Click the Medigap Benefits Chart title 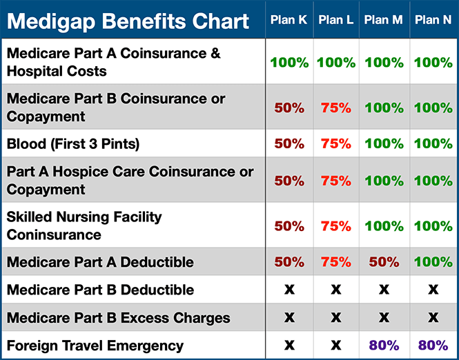[128, 21]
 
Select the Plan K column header [289, 20]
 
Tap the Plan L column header [336, 20]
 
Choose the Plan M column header [383, 20]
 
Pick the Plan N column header [433, 20]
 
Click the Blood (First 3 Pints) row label [73, 144]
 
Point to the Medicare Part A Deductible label [100, 262]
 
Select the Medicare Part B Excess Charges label [118, 318]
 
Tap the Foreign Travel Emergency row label [95, 346]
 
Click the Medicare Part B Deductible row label [100, 290]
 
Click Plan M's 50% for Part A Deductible [384, 262]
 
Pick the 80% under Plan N [433, 346]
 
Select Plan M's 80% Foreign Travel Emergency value [384, 346]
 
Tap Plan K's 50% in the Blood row [289, 144]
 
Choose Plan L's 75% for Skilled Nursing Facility [336, 226]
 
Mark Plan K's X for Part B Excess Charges [289, 318]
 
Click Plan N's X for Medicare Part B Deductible [433, 290]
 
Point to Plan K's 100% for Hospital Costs [289, 63]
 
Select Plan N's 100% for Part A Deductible [433, 262]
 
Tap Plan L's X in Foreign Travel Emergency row [336, 346]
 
